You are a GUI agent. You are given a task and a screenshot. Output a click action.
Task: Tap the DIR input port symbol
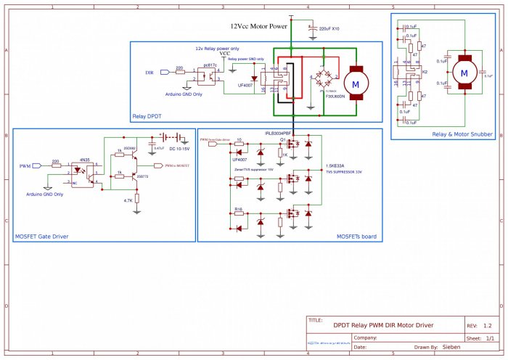[x=164, y=73]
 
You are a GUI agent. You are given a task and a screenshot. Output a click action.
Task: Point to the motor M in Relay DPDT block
[x=356, y=85]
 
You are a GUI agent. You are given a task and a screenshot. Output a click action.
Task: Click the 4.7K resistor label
[x=128, y=201]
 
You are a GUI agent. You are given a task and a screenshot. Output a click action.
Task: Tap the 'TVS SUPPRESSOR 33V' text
[x=343, y=173]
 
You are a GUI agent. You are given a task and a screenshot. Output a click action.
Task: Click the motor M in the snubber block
[x=462, y=73]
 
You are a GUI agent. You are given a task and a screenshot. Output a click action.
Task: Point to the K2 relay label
[x=425, y=72]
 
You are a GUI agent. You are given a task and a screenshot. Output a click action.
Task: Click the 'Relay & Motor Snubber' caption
[x=462, y=134]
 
